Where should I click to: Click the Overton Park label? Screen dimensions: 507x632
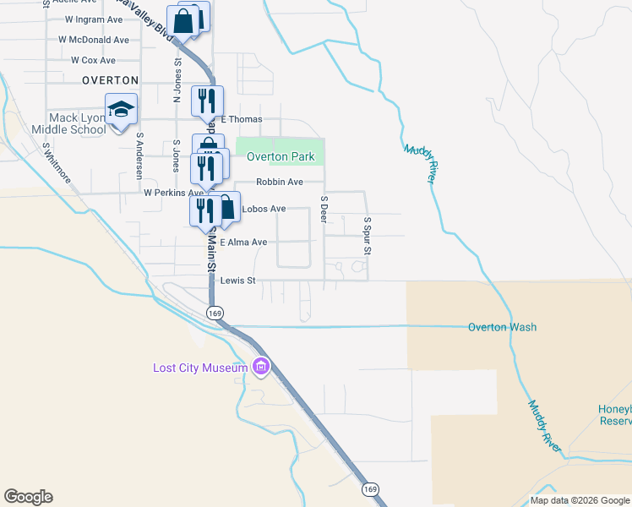point(281,157)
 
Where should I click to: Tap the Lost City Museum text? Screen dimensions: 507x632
point(200,368)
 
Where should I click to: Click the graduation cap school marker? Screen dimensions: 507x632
point(121,109)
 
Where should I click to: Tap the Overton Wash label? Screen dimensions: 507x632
point(503,328)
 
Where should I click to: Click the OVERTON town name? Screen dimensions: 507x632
point(110,80)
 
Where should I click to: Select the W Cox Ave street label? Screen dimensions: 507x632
point(93,61)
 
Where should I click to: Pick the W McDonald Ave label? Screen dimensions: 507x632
point(93,40)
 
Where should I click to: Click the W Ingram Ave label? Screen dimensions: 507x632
point(93,19)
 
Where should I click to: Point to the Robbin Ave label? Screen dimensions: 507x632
point(280,182)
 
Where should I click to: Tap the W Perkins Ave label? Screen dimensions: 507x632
point(173,193)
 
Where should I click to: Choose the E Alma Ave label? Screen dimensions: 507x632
point(243,243)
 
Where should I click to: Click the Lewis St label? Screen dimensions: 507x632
point(237,281)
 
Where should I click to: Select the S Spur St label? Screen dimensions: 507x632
point(368,235)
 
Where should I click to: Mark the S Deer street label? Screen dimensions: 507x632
point(324,210)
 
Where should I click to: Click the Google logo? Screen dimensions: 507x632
point(28,497)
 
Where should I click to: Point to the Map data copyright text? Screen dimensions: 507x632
point(579,500)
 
